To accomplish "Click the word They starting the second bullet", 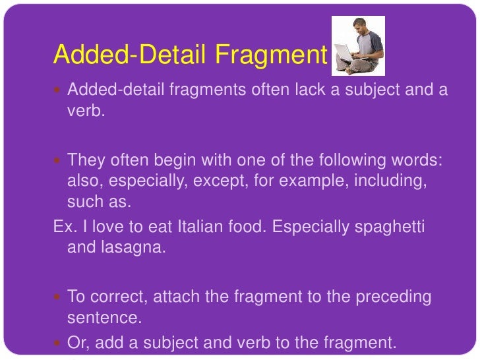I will coord(84,161).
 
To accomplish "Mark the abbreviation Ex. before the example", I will coord(63,227).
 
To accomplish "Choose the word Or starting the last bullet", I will coord(76,343).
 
